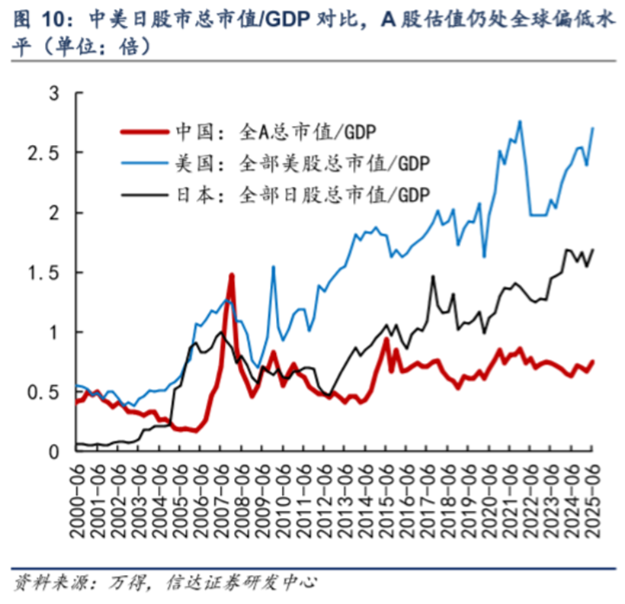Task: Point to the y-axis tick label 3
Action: click(x=53, y=94)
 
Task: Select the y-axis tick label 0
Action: click(x=53, y=452)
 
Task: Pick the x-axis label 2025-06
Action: click(x=592, y=500)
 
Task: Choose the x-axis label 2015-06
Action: click(x=387, y=500)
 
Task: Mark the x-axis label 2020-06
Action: click(x=490, y=500)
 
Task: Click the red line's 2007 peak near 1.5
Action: click(x=231, y=275)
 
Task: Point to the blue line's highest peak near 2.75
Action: click(x=520, y=121)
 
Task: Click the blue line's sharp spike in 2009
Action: click(x=274, y=267)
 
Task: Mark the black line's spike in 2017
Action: click(x=433, y=277)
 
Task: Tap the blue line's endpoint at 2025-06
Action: click(x=593, y=128)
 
